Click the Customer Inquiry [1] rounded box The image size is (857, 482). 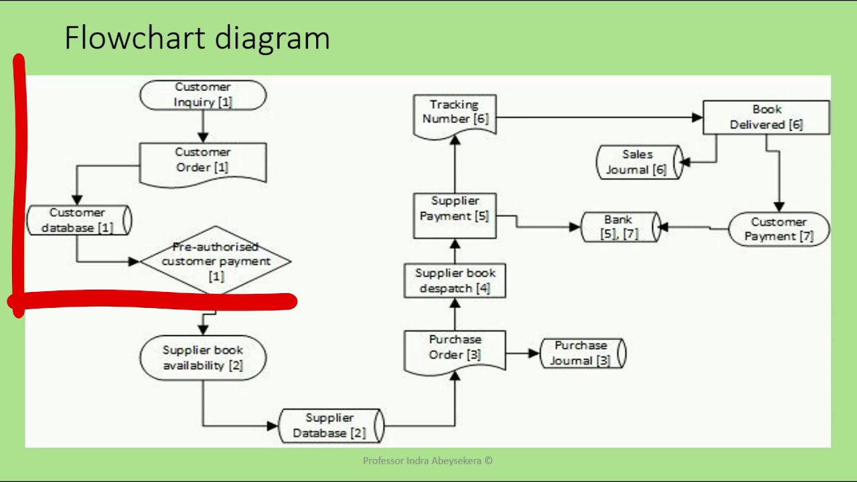(x=203, y=95)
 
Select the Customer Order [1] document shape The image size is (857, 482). (x=203, y=161)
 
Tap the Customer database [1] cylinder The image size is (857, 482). (x=78, y=220)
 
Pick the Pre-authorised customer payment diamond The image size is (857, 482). (x=216, y=261)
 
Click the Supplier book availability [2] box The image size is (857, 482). (x=203, y=358)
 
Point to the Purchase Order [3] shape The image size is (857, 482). (x=455, y=349)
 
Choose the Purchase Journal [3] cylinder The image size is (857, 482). (x=582, y=353)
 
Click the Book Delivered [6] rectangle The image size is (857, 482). (x=766, y=117)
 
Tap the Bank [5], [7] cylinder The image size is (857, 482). (x=619, y=228)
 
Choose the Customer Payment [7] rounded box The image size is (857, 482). (x=778, y=229)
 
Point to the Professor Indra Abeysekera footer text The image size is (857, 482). (x=427, y=461)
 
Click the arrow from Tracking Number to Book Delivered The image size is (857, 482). (x=596, y=118)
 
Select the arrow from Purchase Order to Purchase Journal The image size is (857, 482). (x=522, y=353)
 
